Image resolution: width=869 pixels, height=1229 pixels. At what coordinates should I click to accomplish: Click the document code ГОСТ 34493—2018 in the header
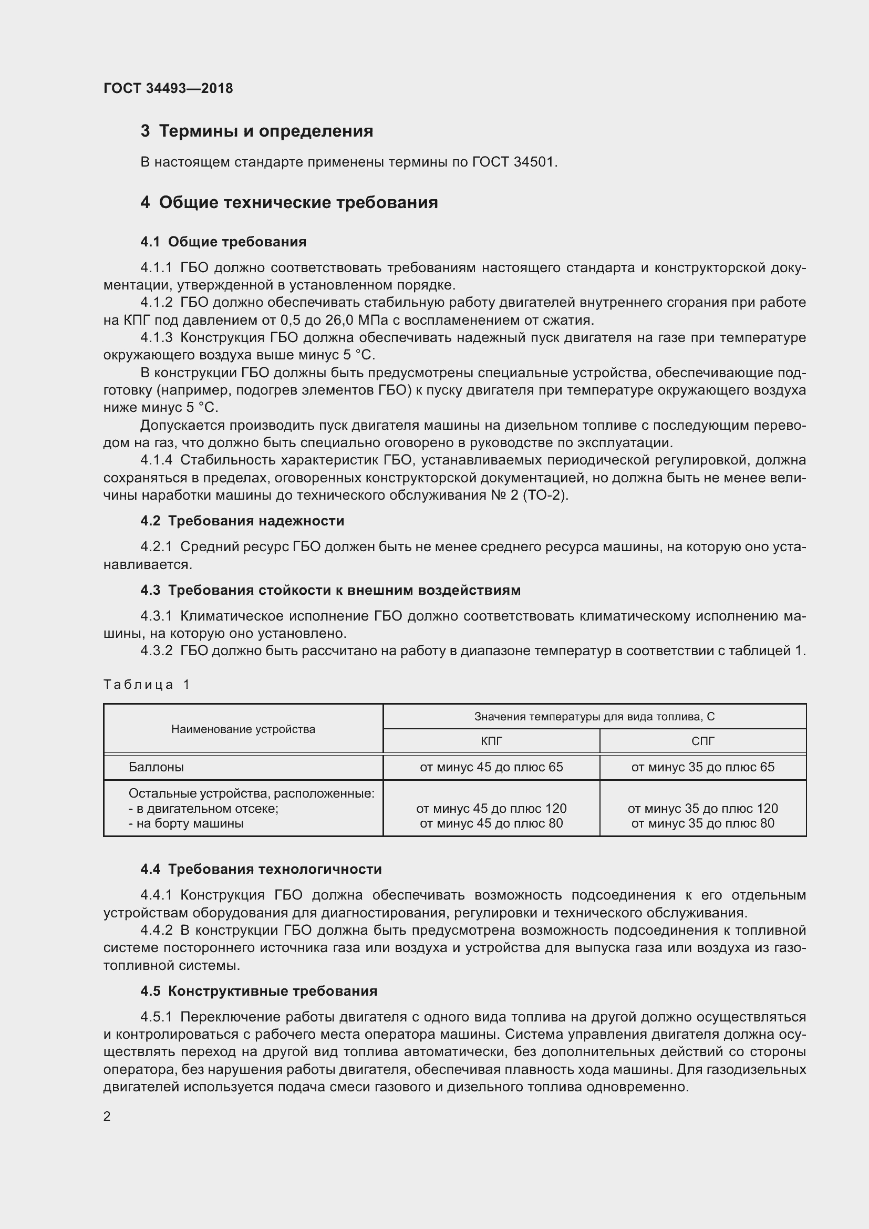(x=168, y=88)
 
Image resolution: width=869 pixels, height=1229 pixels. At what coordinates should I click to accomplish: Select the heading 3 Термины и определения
(x=257, y=131)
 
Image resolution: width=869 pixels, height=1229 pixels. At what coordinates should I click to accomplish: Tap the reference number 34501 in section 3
(x=534, y=162)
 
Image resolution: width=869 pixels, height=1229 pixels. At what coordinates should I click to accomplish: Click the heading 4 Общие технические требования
(x=289, y=202)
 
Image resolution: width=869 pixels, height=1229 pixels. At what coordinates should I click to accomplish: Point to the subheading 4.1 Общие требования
(x=223, y=242)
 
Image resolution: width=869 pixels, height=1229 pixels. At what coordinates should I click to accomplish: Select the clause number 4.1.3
(x=156, y=338)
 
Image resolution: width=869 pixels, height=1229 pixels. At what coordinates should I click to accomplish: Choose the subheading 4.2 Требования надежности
(x=242, y=521)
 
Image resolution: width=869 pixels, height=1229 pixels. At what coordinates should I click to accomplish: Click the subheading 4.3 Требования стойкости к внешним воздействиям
(x=330, y=591)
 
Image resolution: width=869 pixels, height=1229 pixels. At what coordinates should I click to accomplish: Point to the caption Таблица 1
(x=147, y=684)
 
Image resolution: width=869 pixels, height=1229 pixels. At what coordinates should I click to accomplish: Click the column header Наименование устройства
(x=243, y=729)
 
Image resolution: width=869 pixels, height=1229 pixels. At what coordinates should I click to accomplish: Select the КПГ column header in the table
(x=491, y=741)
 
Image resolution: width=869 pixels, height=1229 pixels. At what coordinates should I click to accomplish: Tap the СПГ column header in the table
(x=702, y=741)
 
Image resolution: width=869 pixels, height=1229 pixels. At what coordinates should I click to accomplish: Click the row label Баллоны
(x=156, y=767)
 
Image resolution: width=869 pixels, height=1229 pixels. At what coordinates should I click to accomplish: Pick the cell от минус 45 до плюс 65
(x=491, y=767)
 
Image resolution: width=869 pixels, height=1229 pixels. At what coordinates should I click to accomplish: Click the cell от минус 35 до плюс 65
(x=702, y=767)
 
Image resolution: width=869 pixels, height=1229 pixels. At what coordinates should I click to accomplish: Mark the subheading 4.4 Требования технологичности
(x=261, y=869)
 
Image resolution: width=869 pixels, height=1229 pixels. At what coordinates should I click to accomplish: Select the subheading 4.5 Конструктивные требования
(x=258, y=991)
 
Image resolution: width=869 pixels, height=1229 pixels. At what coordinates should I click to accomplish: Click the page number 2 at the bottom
(x=107, y=1116)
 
